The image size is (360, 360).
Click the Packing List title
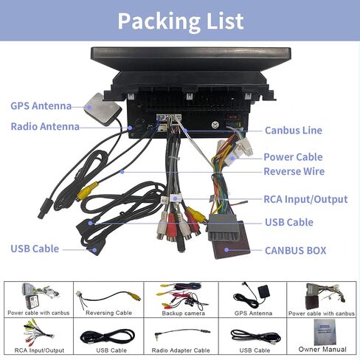pyautogui.click(x=181, y=21)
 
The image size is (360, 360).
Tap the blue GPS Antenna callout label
pyautogui.click(x=41, y=106)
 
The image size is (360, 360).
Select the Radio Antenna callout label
pyautogui.click(x=45, y=127)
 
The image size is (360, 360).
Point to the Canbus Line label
pyautogui.click(x=294, y=131)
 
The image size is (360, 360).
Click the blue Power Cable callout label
pyautogui.click(x=293, y=157)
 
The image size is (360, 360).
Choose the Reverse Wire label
pyautogui.click(x=294, y=171)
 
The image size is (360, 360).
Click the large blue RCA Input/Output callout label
pyautogui.click(x=305, y=199)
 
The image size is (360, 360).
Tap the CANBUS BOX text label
pyautogui.click(x=296, y=251)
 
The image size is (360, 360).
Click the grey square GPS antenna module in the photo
pyautogui.click(x=103, y=109)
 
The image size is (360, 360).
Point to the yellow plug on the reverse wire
pyautogui.click(x=88, y=190)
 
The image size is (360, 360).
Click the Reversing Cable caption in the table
pyautogui.click(x=108, y=313)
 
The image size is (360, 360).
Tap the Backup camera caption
pyautogui.click(x=183, y=313)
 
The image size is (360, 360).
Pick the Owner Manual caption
pyautogui.click(x=322, y=349)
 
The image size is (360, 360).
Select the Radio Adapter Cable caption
pyautogui.click(x=181, y=350)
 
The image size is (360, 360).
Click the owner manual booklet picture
pyautogui.click(x=325, y=332)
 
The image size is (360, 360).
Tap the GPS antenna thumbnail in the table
pyautogui.click(x=252, y=296)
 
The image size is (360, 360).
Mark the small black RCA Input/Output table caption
pyautogui.click(x=39, y=350)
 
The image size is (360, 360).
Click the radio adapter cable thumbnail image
pyautogui.click(x=182, y=333)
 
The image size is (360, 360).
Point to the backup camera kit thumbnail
pyautogui.click(x=182, y=296)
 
